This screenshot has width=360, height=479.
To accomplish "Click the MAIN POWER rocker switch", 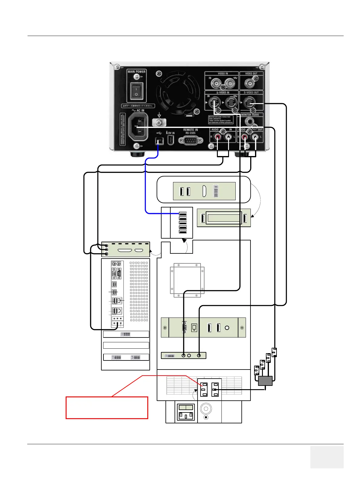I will (x=136, y=91).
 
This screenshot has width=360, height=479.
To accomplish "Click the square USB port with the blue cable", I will (x=159, y=141).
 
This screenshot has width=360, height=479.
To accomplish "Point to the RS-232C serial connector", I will (x=191, y=141).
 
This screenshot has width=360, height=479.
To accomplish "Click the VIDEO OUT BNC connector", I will (x=251, y=83).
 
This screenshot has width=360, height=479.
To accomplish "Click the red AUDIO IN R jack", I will (x=218, y=138).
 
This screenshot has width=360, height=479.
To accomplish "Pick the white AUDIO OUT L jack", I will (x=256, y=138).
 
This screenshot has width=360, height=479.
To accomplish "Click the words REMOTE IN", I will (x=190, y=130).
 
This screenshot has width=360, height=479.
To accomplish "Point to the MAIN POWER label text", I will (x=136, y=72).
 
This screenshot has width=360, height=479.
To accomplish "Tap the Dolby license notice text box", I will (x=221, y=120).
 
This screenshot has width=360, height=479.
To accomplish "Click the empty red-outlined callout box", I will (x=107, y=408).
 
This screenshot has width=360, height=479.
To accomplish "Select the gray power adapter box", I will (x=265, y=381).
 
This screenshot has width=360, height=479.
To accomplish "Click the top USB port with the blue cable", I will (x=182, y=214).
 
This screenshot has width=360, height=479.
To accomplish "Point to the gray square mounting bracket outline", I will (x=187, y=280).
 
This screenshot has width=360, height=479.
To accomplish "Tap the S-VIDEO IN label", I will (x=223, y=93).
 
